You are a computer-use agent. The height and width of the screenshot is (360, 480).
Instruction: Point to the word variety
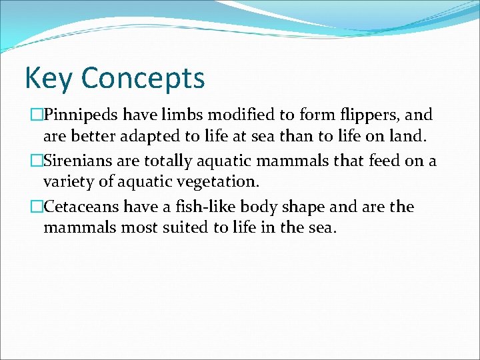[x=67, y=182]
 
